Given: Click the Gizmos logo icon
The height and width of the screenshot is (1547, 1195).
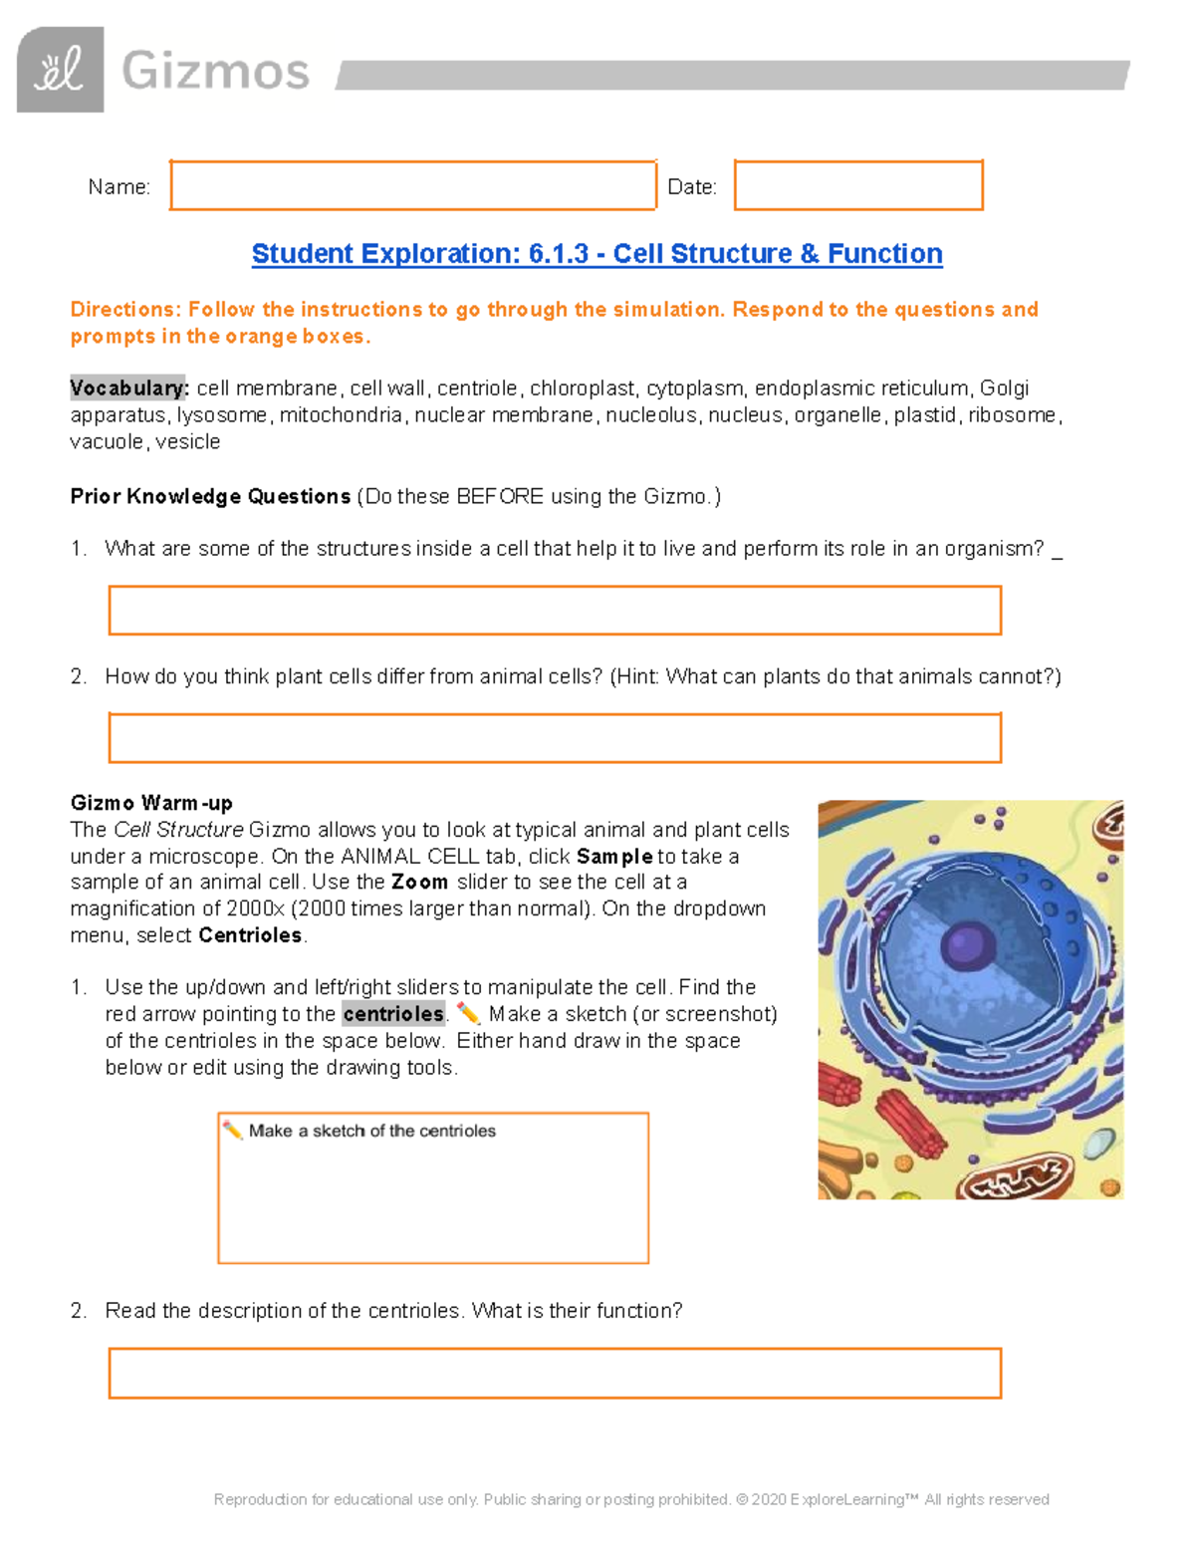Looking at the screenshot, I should [60, 70].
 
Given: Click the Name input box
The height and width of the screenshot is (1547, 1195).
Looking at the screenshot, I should [412, 185].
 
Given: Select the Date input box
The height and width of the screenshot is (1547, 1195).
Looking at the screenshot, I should [858, 185].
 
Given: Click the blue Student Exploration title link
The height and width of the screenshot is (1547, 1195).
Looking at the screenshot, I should [597, 254].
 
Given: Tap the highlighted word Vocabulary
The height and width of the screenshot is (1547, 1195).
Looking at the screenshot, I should [128, 387].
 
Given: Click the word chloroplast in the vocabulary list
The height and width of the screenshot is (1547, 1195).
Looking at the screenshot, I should [583, 387].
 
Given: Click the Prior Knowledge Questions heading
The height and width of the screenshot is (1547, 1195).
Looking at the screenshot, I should [210, 496].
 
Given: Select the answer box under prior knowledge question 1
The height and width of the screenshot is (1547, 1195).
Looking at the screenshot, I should [555, 611].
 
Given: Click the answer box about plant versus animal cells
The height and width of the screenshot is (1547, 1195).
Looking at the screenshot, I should [555, 738].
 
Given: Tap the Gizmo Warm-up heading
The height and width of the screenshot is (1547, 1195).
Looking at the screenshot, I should [151, 803].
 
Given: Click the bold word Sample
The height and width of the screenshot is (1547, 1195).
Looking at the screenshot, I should [614, 857].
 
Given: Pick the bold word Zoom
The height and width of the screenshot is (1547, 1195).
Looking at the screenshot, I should [419, 883].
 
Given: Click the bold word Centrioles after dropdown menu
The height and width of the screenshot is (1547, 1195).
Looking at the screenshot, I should [250, 935].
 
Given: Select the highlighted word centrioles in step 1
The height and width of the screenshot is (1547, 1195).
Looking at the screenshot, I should [393, 1014].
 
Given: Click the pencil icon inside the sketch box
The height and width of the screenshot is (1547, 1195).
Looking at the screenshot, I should [232, 1131].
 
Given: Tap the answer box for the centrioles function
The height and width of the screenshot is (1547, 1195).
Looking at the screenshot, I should [555, 1374].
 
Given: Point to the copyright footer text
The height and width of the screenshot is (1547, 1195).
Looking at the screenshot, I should [631, 1499].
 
